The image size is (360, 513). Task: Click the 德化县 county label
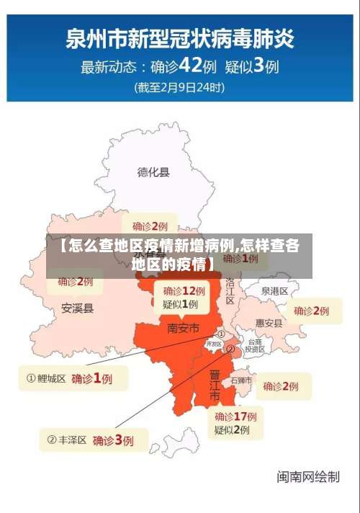point(153,171)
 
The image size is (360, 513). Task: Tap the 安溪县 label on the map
point(77,308)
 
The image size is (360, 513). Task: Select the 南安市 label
point(184,328)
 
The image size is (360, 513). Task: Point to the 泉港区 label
point(274,291)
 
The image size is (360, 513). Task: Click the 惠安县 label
point(269,323)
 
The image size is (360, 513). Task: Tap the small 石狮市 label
point(240,379)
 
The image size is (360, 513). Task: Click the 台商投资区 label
point(254,345)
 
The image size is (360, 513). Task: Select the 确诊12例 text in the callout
point(184,291)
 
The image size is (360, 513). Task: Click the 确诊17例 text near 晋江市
point(235,416)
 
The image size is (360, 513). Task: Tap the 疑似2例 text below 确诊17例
point(231,430)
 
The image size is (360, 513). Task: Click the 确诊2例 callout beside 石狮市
point(281,386)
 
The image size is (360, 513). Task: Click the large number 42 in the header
point(190,66)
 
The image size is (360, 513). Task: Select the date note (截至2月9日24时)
point(179,88)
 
